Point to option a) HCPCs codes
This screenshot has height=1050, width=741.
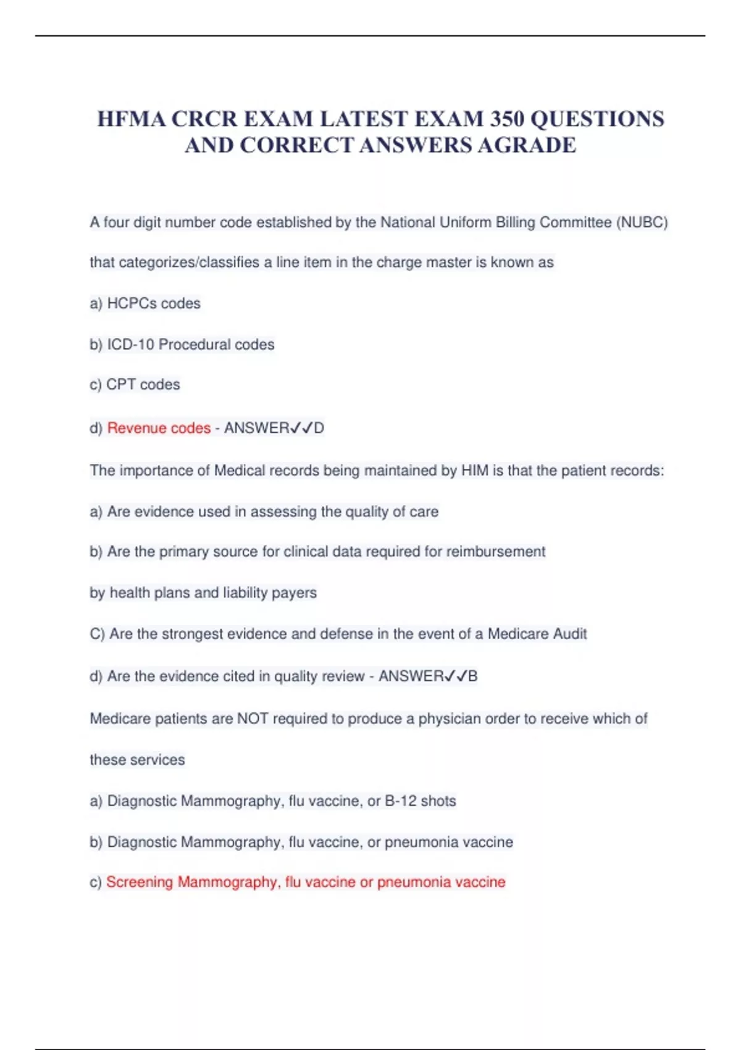pyautogui.click(x=145, y=303)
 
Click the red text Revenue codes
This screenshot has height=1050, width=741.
pyautogui.click(x=159, y=428)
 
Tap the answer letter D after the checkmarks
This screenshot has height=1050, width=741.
pyautogui.click(x=319, y=428)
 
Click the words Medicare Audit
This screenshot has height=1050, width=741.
pyautogui.click(x=537, y=634)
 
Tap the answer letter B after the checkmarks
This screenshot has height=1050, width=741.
pyautogui.click(x=473, y=676)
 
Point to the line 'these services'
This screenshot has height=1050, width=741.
pyautogui.click(x=137, y=760)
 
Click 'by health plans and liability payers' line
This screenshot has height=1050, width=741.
pyautogui.click(x=203, y=593)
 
